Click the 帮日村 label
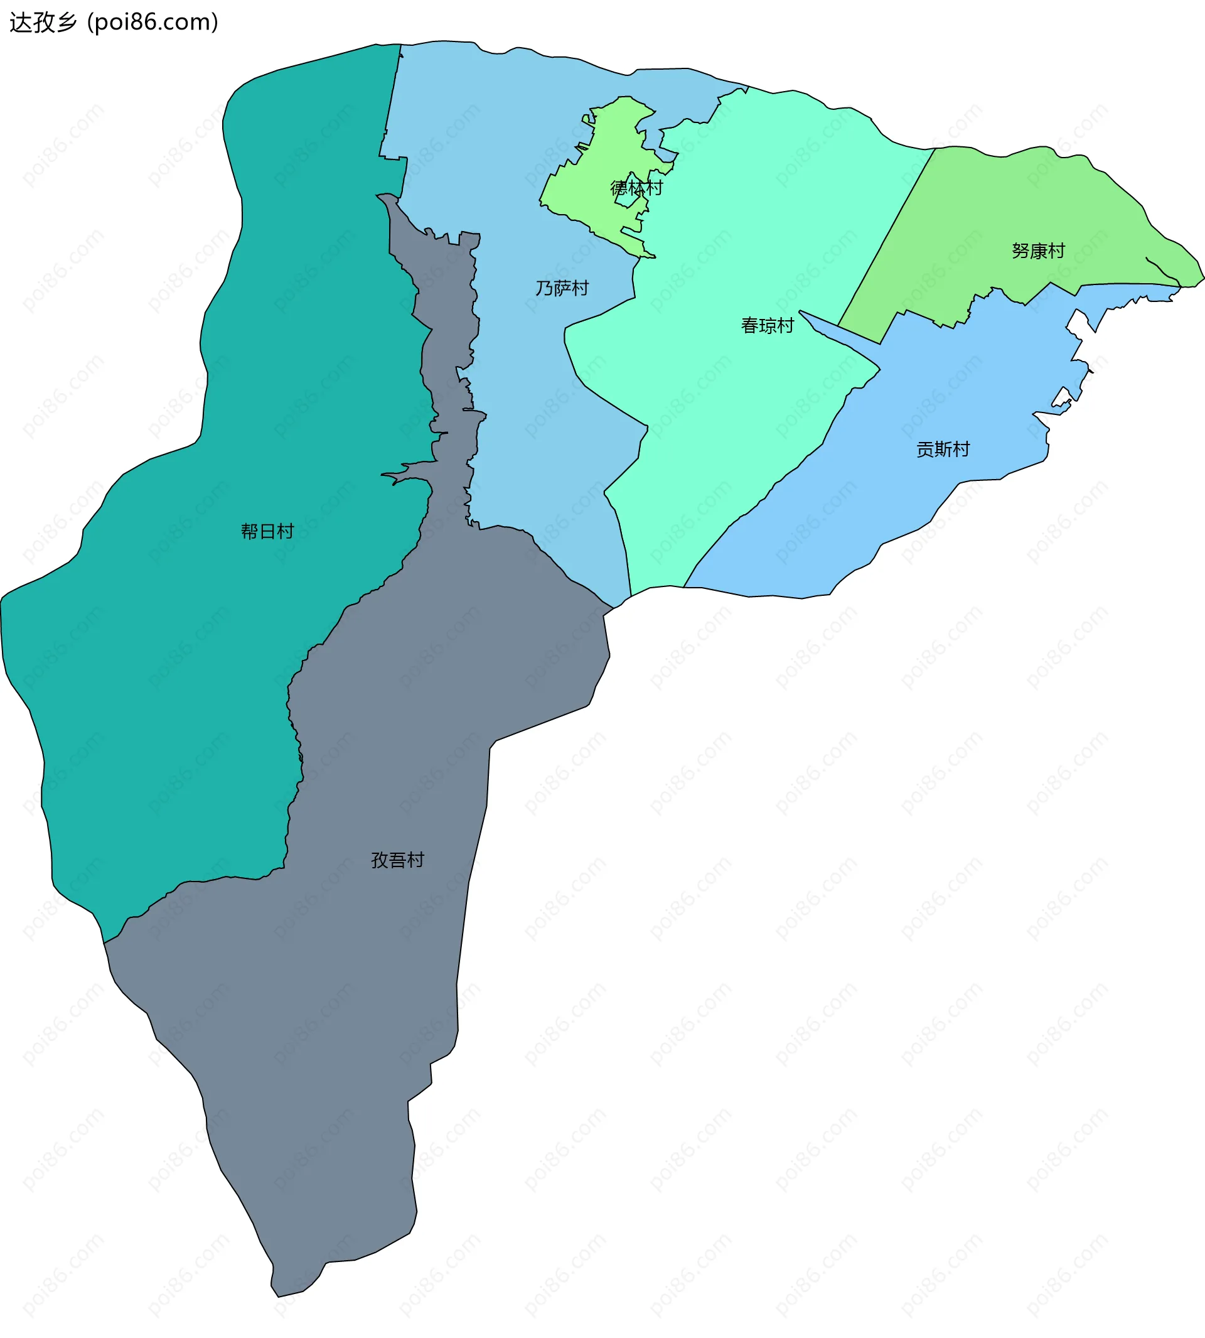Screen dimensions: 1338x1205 coord(267,531)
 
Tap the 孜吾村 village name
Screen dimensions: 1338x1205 coord(397,860)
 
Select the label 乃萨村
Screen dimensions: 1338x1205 coord(562,288)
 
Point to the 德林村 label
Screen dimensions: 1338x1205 coord(636,188)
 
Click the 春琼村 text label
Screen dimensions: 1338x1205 coord(767,325)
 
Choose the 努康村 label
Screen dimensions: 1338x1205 coord(1037,251)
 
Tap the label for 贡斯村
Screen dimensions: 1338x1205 coord(943,449)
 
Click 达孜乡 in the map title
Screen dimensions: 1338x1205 coord(43,23)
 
